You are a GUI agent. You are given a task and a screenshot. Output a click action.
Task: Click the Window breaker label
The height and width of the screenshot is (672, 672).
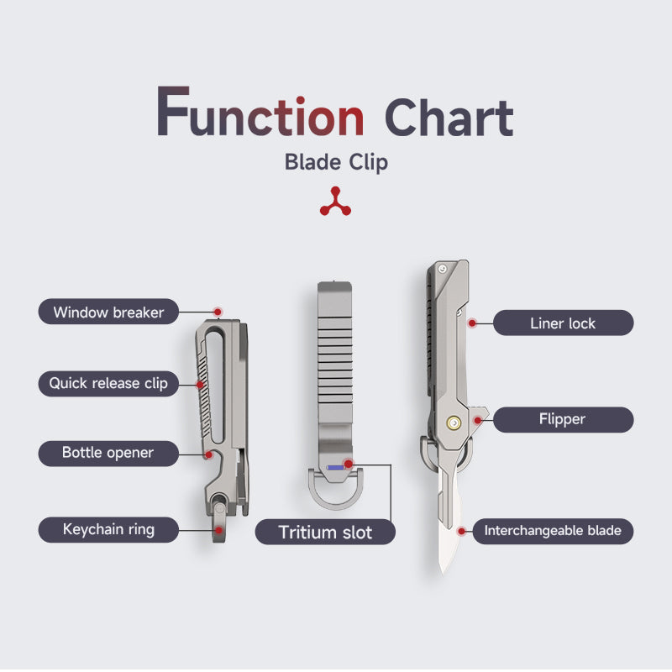click(108, 312)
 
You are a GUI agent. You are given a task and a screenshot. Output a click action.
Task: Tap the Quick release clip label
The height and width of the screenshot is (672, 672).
click(108, 383)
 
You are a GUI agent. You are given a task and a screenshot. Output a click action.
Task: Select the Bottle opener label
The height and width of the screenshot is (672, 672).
click(108, 453)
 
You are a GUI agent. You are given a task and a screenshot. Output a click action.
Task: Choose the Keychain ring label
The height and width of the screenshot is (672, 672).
click(108, 530)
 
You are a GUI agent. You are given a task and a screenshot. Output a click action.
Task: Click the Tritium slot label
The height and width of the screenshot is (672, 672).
click(325, 532)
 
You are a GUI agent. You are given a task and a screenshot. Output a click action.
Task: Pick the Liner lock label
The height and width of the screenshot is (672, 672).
click(563, 323)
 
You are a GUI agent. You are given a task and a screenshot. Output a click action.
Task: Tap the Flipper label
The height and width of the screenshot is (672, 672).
click(563, 419)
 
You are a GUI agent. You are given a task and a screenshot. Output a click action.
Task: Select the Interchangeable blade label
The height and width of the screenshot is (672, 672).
click(553, 531)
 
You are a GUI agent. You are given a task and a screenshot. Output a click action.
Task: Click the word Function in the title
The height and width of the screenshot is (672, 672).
click(260, 113)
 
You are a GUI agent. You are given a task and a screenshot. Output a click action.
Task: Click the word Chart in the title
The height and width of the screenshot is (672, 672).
click(449, 117)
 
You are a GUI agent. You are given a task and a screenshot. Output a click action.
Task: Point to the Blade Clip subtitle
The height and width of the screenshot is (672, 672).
click(337, 162)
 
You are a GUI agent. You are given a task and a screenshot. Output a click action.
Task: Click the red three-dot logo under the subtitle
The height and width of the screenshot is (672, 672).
click(335, 202)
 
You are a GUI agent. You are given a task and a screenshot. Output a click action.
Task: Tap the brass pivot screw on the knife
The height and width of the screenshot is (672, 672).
click(454, 423)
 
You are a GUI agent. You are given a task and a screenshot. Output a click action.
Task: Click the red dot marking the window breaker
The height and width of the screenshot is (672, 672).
click(218, 312)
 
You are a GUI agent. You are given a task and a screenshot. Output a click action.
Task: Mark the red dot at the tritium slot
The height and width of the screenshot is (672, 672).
click(349, 464)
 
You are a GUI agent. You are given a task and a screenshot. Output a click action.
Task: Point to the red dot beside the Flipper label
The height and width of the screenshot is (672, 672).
click(477, 421)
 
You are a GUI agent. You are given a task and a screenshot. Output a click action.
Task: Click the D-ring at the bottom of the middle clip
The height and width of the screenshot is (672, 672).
click(335, 501)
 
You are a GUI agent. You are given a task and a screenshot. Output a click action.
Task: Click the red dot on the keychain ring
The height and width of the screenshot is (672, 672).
click(218, 530)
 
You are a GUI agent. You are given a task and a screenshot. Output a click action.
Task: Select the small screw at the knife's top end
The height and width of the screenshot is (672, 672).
click(443, 269)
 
